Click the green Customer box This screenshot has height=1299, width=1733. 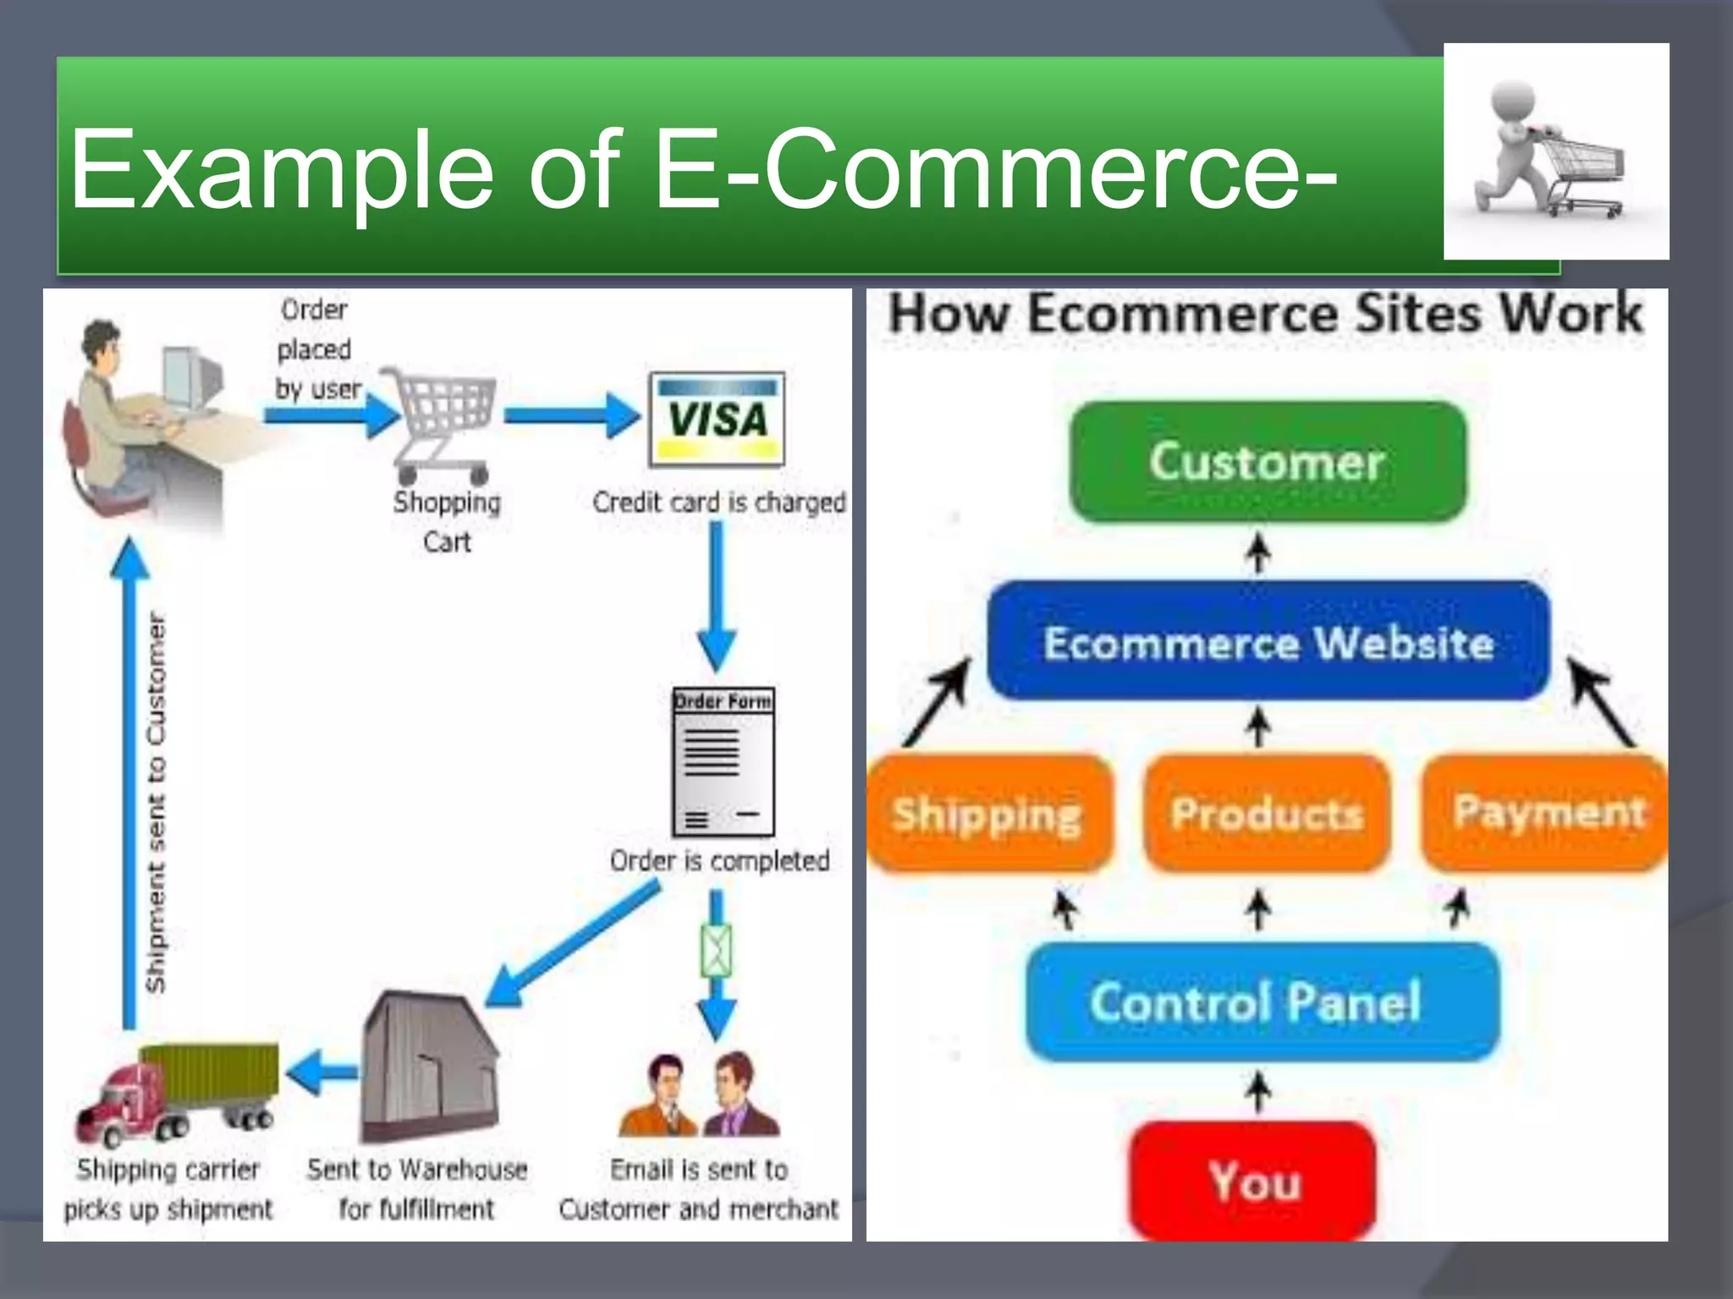1267,462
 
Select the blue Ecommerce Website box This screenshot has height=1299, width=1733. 1268,642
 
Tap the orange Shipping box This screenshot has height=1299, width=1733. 987,814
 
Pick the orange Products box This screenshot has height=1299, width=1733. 1266,814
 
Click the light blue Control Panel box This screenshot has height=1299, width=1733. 1261,1002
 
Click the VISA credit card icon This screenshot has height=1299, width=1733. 716,419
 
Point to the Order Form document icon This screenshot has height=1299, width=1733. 723,761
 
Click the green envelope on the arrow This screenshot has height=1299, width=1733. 716,951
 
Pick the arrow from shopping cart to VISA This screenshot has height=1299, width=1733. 570,416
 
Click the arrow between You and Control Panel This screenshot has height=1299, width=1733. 1259,1093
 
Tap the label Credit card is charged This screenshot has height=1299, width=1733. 719,502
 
